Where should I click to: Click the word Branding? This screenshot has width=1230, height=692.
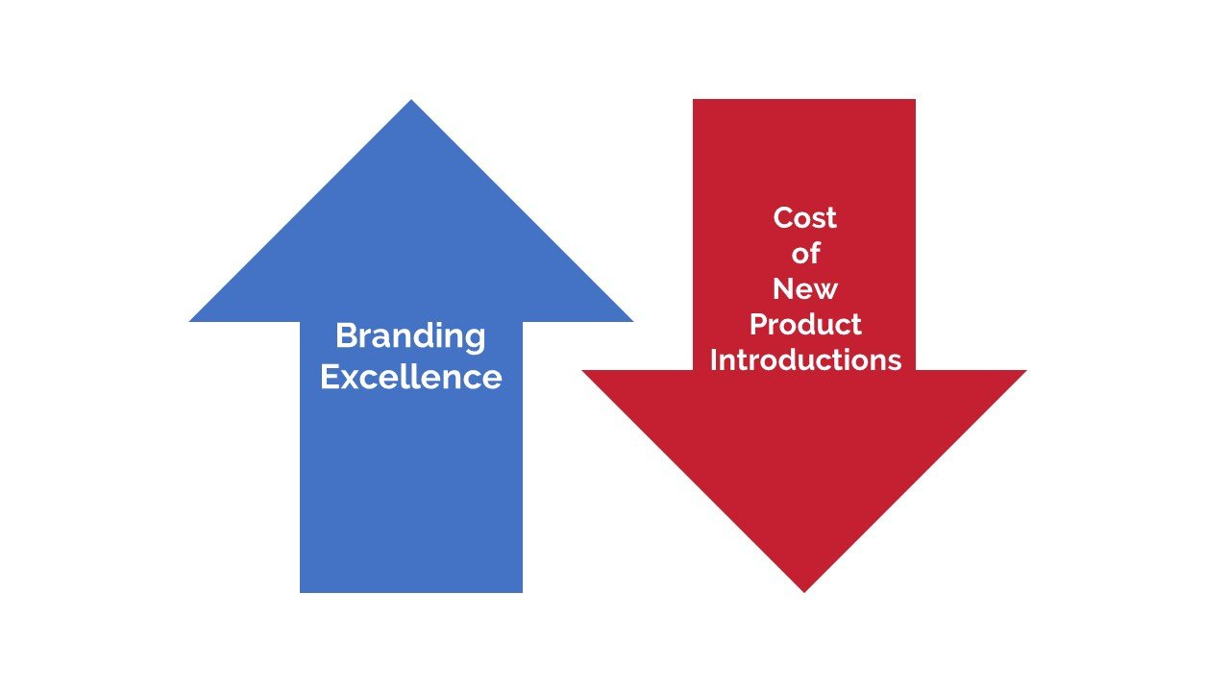coord(410,336)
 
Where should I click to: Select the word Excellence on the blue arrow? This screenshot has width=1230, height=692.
coord(410,377)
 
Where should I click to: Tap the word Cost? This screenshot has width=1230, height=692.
coord(804,217)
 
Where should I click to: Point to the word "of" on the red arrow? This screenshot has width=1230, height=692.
coord(805,253)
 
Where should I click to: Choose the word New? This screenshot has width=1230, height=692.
coord(805,289)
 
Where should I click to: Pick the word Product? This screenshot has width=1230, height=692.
coord(805,324)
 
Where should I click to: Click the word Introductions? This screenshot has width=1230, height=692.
coord(805,359)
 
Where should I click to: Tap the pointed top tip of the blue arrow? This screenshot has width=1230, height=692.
coord(411,100)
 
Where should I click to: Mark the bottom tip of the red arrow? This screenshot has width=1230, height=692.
coord(804,592)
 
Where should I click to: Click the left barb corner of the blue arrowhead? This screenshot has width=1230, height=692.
coord(190,321)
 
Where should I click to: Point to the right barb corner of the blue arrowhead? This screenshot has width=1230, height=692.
coord(632,321)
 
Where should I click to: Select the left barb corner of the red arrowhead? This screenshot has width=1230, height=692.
coord(582,371)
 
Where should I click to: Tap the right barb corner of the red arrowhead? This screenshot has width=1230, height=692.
coord(1026,371)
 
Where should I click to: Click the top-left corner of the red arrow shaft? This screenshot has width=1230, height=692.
coord(693,99)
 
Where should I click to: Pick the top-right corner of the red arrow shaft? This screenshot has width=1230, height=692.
coord(916,99)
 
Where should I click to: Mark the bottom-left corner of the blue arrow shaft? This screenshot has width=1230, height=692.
coord(300,593)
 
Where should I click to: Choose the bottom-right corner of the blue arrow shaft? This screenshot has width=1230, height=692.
coord(522,593)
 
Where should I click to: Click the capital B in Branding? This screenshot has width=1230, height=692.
coord(347,335)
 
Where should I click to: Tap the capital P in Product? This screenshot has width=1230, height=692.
coord(759,324)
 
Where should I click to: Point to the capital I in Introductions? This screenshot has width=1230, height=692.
coord(713,359)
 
